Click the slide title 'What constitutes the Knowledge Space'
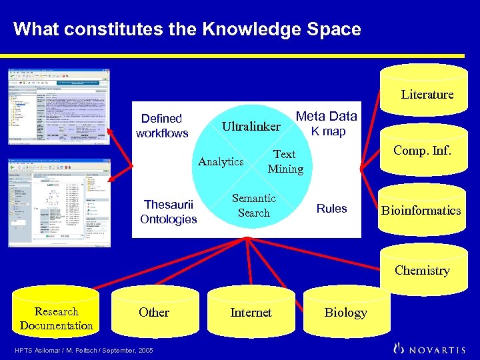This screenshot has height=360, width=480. tap(187, 29)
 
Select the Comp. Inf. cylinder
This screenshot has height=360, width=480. tap(422, 151)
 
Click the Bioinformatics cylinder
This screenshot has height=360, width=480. tap(421, 211)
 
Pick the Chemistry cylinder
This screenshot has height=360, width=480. tap(422, 271)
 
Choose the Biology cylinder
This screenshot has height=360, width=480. tap(345, 313)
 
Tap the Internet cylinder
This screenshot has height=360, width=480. tap(251, 313)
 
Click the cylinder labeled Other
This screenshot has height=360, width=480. tap(154, 313)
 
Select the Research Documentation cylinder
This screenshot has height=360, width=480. tap(56, 319)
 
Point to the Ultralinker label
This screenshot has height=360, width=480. tap(251, 126)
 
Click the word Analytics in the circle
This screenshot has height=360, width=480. tap(221, 161)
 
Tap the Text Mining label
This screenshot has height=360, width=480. tap(285, 161)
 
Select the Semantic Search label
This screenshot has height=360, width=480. tap(254, 205)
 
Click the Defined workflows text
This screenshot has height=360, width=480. tap(162, 125)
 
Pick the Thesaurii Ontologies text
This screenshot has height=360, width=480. tap(169, 212)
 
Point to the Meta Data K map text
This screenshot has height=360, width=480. tap(327, 123)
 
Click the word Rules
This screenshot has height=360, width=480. tap(332, 209)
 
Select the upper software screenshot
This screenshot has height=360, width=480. tap(59, 106)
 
